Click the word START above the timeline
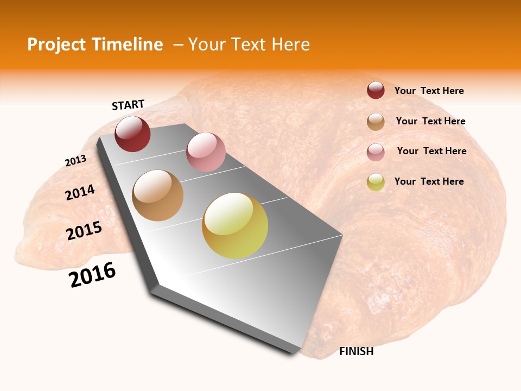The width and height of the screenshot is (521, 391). [x=128, y=105]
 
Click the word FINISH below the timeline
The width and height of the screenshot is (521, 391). [x=357, y=351]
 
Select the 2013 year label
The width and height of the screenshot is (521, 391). [x=75, y=161]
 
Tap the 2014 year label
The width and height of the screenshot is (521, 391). [x=80, y=193]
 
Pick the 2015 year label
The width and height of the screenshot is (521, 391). [x=84, y=231]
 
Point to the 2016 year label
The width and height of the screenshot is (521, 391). [x=92, y=275]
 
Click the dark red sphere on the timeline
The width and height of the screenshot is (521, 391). [x=132, y=134]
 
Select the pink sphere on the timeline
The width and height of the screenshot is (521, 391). [x=206, y=152]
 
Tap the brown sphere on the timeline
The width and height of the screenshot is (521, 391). [x=158, y=195]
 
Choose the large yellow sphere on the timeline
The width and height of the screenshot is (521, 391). [x=235, y=225]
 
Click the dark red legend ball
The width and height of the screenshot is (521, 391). [x=376, y=91]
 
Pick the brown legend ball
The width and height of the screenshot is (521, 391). [x=376, y=122]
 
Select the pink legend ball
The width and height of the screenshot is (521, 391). [x=376, y=152]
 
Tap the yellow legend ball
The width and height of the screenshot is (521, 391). [x=376, y=182]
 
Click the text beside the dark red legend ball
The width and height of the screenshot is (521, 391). [x=429, y=91]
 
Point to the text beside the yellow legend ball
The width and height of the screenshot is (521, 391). [x=429, y=181]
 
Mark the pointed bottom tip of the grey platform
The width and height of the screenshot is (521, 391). [x=294, y=354]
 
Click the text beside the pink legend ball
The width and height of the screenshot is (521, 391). [x=431, y=151]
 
